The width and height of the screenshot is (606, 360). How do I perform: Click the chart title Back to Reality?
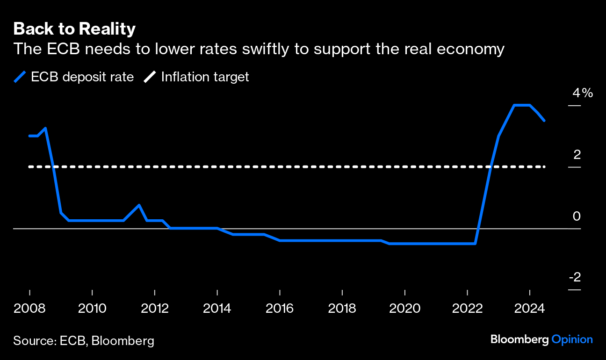[74, 29]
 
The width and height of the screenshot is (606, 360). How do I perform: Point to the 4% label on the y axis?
[582, 93]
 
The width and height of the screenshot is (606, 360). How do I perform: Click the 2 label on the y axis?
[577, 154]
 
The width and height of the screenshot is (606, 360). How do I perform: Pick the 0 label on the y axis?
[577, 216]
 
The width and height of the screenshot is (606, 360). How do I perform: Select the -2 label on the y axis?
[575, 277]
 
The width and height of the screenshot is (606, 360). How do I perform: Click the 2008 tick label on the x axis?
[29, 309]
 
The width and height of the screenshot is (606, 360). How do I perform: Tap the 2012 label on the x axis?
[154, 309]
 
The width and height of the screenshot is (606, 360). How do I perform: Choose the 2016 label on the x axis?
[279, 309]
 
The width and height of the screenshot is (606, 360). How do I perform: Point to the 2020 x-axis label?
[404, 309]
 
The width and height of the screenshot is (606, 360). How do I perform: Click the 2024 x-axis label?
[529, 309]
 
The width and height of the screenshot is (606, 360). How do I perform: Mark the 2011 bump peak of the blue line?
[139, 205]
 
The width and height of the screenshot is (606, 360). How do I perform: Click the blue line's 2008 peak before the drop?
[45, 128]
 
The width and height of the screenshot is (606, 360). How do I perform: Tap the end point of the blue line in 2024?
[544, 121]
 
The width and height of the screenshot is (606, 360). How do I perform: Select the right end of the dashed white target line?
[544, 167]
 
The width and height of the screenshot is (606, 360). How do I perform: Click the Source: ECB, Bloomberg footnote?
[84, 340]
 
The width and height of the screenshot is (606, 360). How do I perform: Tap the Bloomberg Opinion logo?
[541, 339]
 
